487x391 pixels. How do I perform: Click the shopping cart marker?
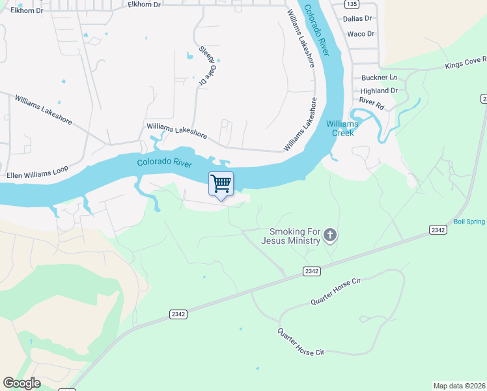coord(221,184)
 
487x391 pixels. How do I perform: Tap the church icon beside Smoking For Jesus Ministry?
coord(330,235)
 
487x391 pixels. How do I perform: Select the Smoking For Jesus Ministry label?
coord(290,236)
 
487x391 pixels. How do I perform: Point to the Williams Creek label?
coord(342,128)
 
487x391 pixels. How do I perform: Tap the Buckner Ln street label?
coord(378,77)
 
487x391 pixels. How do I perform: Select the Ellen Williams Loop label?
coord(37,175)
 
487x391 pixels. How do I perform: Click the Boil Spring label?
coord(469,222)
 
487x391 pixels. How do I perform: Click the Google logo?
coord(21,383)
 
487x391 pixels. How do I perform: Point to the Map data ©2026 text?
coord(460,386)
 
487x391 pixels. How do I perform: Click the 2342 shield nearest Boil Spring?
coord(438,229)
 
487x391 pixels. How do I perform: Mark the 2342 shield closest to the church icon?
coord(312,270)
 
